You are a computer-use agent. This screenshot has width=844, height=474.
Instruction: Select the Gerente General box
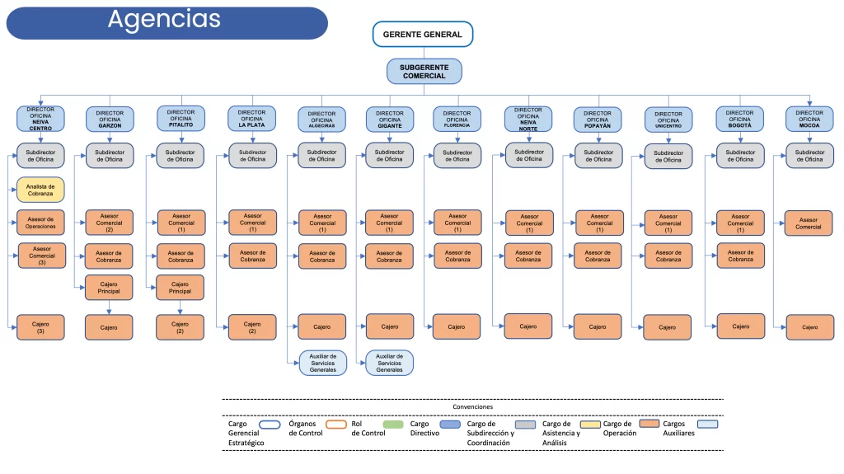[423, 35]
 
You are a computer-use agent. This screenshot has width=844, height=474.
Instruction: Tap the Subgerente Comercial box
[424, 71]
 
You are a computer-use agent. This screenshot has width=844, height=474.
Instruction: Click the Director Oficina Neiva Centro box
[40, 119]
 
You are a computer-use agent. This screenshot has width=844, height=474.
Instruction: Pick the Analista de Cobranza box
[40, 190]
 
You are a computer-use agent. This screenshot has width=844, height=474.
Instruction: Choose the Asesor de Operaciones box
[40, 223]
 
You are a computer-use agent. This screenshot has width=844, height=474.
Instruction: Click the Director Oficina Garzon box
[110, 120]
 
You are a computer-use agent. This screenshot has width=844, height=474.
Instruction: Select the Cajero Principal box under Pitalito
[180, 288]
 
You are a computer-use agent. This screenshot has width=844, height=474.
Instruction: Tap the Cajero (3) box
[40, 327]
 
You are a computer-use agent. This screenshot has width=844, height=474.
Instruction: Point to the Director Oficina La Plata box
[251, 119]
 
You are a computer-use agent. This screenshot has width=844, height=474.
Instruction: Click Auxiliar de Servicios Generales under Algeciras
[322, 363]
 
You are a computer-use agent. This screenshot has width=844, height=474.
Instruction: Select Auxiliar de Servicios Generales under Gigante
[389, 363]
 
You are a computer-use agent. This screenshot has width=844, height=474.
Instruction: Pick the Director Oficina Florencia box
[457, 120]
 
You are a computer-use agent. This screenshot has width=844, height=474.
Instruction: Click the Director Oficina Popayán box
[598, 120]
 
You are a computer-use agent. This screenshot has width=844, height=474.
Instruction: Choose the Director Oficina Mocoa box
[809, 119]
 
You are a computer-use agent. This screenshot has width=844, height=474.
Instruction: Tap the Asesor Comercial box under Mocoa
[809, 223]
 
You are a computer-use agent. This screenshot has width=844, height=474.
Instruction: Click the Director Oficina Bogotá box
[739, 119]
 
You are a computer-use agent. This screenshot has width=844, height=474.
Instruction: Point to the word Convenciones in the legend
[472, 406]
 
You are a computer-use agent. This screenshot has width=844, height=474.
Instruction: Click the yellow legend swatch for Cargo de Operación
[588, 425]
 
